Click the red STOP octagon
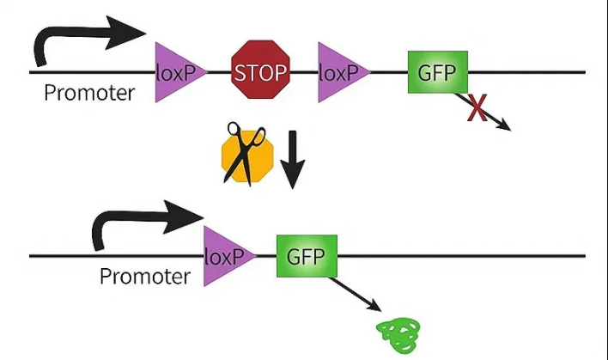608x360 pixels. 261,70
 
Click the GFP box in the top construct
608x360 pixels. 437,71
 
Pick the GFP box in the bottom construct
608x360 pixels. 307,256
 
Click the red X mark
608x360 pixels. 477,107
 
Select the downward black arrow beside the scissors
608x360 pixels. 293,159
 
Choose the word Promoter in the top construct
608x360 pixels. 89,93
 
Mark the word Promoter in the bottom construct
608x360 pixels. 144,277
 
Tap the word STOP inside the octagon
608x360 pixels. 261,71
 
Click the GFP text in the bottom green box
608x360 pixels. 307,256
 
